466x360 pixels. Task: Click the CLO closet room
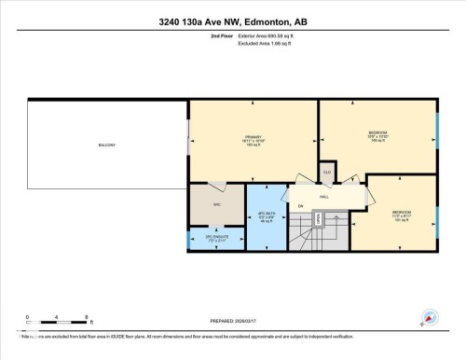(327, 173)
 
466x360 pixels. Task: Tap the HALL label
(323, 197)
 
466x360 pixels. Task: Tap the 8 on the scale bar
(86, 317)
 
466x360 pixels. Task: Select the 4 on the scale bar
(57, 317)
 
